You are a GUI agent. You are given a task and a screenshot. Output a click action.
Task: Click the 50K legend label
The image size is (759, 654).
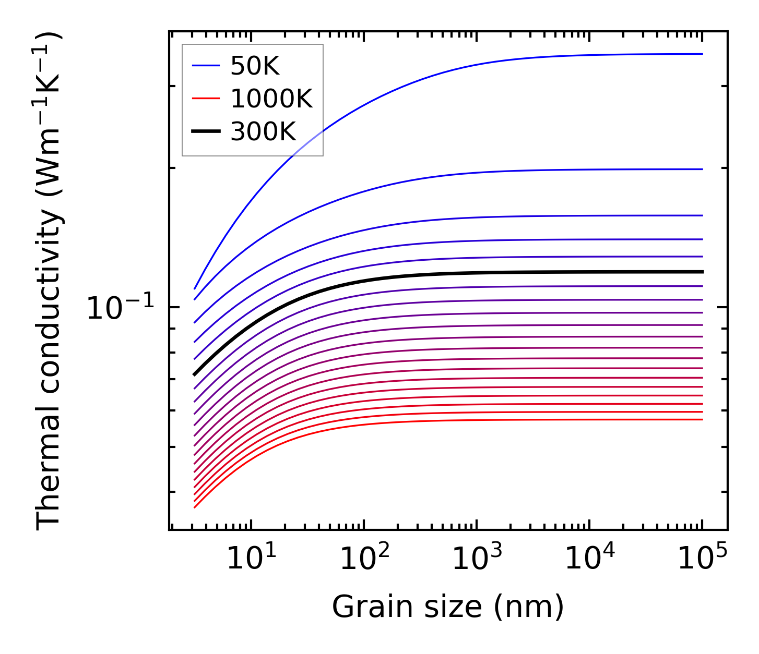point(255,66)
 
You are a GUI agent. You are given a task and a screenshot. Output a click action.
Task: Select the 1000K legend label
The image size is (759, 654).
point(271,99)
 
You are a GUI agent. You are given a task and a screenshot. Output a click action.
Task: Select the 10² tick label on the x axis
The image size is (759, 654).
point(364,560)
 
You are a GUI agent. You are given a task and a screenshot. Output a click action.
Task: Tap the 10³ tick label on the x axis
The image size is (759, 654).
point(477,560)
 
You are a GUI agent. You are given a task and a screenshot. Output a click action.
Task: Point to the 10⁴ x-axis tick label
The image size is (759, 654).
point(590,560)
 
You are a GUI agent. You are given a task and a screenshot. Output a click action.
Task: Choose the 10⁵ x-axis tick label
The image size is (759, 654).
point(703,560)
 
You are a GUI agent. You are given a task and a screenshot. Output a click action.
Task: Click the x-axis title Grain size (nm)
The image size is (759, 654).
point(448,608)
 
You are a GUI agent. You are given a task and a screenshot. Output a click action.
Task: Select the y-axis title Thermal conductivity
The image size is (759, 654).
point(50,282)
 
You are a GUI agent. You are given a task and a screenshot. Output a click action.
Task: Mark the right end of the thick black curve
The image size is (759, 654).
point(703,272)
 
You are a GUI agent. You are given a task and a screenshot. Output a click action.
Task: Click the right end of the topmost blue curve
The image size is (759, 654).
point(703,54)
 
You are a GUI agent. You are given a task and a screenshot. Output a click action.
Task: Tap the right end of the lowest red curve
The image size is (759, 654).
point(703,419)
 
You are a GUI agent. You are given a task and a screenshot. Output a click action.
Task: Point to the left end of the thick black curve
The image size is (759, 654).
point(195,374)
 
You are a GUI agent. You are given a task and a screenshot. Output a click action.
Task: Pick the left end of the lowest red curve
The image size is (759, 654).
point(195,507)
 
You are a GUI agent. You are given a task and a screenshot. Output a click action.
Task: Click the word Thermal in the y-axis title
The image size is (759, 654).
point(50,488)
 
